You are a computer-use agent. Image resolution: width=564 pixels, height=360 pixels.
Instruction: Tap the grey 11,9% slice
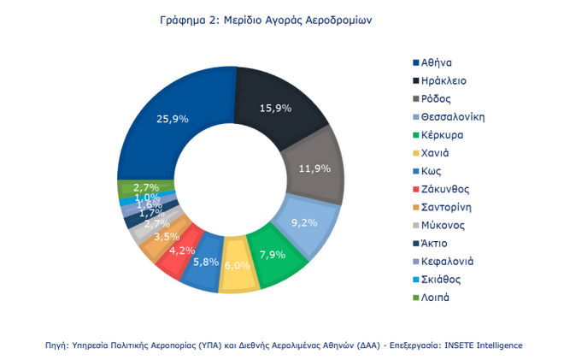315,168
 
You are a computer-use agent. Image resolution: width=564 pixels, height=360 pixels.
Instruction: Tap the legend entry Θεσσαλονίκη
454,116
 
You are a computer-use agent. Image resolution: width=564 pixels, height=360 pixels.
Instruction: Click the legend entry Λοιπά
437,297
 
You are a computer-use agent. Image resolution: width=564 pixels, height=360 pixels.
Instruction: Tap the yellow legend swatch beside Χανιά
415,153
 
